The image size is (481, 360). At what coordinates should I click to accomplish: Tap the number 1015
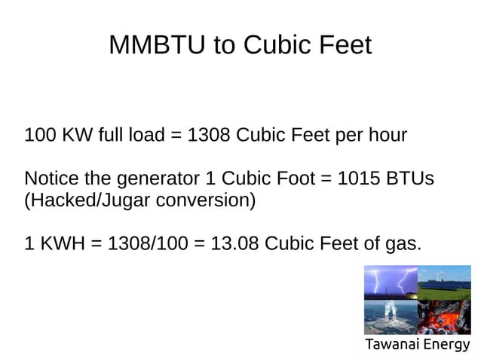pos(359,180)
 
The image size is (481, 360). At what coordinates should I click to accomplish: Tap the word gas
pos(404,245)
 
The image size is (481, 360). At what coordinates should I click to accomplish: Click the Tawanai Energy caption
pos(417,346)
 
